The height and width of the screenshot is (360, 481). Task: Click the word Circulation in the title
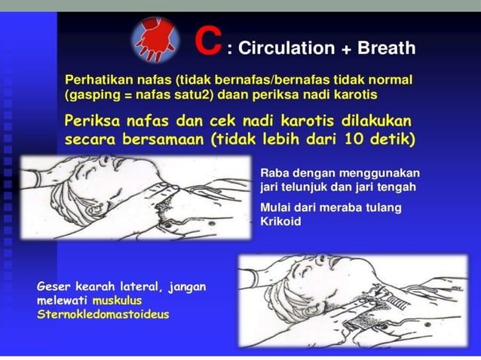tap(287, 49)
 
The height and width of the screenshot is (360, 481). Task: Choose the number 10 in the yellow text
tap(350, 139)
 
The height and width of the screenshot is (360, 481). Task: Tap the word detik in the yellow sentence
tap(389, 139)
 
